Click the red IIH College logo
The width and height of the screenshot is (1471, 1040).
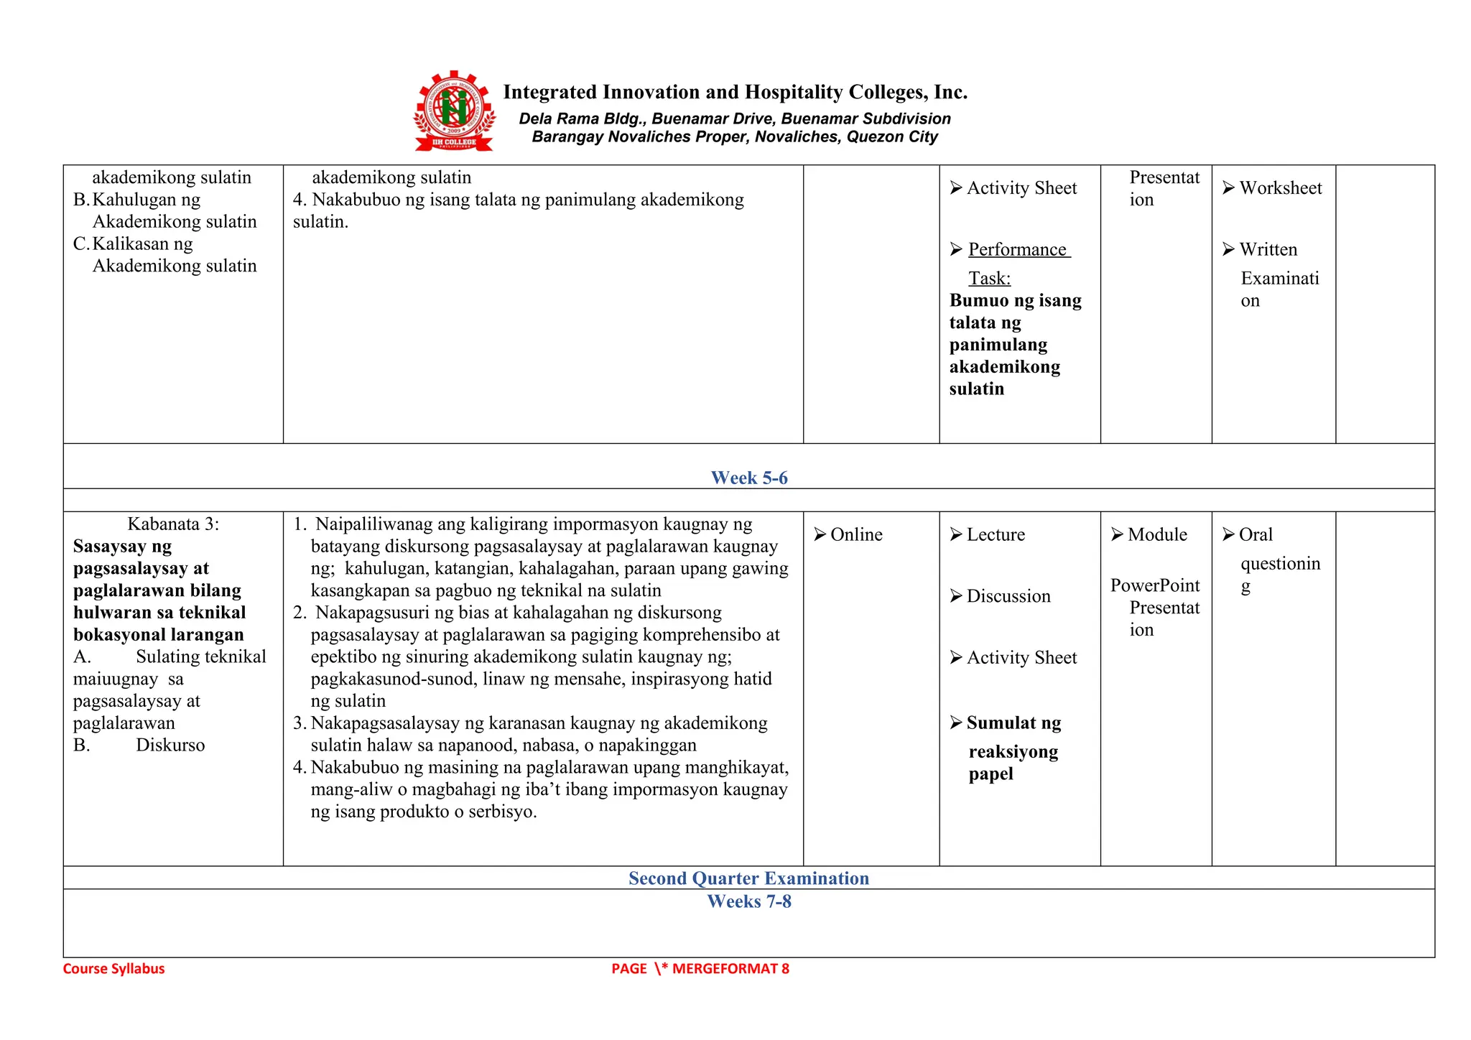click(x=454, y=111)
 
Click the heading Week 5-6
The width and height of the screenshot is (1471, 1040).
click(x=748, y=478)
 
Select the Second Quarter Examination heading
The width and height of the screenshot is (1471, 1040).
click(x=748, y=878)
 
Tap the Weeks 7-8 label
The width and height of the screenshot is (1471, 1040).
click(x=748, y=901)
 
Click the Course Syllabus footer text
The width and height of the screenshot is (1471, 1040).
click(x=113, y=969)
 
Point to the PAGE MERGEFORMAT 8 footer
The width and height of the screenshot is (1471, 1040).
click(x=700, y=969)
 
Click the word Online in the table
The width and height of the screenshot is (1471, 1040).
click(x=855, y=535)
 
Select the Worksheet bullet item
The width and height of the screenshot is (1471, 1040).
click(x=1280, y=188)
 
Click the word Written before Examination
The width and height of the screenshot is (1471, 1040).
click(x=1268, y=250)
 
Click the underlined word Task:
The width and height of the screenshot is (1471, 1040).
click(x=989, y=279)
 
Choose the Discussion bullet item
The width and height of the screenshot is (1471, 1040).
click(x=1008, y=596)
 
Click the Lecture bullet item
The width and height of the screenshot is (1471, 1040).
click(x=996, y=535)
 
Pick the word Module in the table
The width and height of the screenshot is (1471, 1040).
click(x=1157, y=535)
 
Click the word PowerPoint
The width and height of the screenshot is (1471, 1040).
click(x=1154, y=586)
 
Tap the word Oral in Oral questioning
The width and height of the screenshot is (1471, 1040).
click(x=1256, y=535)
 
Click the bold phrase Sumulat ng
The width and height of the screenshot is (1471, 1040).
click(x=1013, y=723)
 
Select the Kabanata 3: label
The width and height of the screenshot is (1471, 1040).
click(x=173, y=524)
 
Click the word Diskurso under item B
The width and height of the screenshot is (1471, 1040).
click(x=170, y=746)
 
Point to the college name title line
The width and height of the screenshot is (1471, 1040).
click(x=735, y=93)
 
